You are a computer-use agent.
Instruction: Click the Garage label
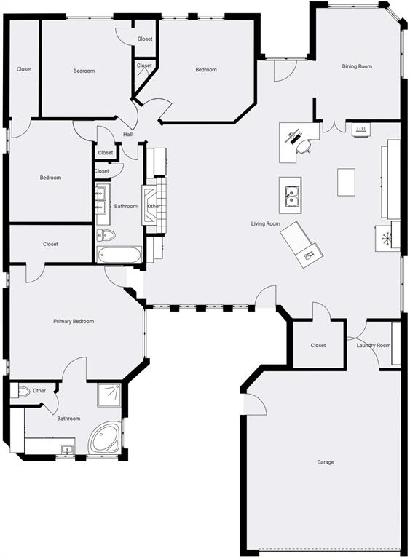(x=325, y=462)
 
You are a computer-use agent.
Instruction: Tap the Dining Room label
(x=357, y=66)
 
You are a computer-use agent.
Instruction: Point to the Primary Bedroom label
(x=74, y=321)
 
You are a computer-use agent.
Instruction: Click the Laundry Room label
(x=373, y=346)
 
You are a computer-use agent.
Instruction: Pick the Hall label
(x=127, y=135)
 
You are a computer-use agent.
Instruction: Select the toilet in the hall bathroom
(x=106, y=235)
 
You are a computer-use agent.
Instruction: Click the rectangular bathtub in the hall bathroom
(x=119, y=255)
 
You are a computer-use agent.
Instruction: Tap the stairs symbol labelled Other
(x=154, y=206)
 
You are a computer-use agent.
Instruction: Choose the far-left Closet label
(x=24, y=69)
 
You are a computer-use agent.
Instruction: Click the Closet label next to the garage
(x=318, y=346)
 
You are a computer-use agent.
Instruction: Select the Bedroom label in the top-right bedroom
(x=206, y=70)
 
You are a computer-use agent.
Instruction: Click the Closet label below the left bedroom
(x=50, y=244)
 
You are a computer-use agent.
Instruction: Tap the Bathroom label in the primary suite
(x=68, y=418)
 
